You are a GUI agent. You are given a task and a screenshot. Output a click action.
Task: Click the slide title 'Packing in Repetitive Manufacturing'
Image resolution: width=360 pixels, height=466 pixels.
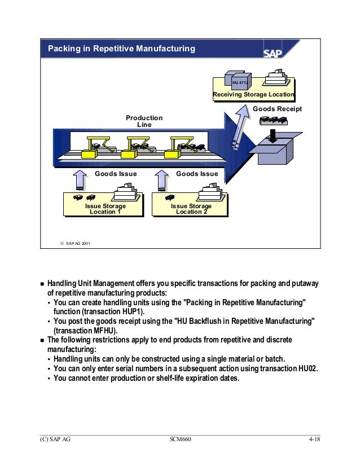(x=121, y=49)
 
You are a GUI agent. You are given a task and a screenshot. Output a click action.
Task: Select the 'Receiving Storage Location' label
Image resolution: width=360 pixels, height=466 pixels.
(x=253, y=95)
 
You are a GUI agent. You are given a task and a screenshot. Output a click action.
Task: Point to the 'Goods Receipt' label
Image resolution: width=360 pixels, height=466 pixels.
(x=277, y=108)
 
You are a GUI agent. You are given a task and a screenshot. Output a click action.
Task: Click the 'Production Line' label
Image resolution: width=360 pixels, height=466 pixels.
(x=144, y=121)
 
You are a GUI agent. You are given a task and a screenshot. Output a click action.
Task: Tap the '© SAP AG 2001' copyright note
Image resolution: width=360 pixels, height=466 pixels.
(x=74, y=243)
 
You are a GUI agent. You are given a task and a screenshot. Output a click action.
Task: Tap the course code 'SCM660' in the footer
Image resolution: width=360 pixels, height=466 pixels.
(x=180, y=439)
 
